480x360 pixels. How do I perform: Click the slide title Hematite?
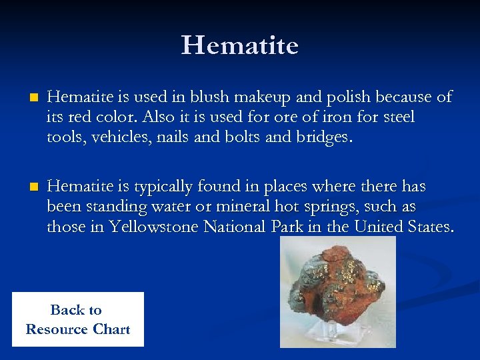pos(239,45)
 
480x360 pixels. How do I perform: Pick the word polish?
pos(347,97)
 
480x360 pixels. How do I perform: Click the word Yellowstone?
pos(154,227)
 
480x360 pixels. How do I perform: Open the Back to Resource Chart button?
pos(77,319)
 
